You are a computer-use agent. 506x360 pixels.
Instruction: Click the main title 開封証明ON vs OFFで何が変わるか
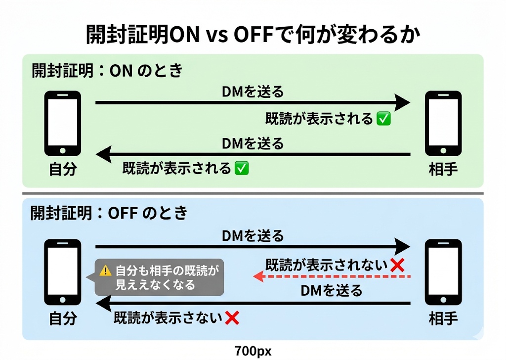pos(253,34)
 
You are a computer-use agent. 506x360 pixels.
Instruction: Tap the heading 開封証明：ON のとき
pos(107,70)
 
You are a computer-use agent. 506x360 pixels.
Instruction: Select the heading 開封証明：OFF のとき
pos(109,213)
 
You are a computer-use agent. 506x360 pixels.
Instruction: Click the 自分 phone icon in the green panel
pos(63,123)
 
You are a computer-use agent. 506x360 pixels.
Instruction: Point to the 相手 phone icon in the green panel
pos(443,123)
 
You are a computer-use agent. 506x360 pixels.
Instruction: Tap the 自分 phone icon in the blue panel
pos(63,272)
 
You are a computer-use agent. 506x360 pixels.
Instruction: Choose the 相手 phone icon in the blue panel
pos(443,272)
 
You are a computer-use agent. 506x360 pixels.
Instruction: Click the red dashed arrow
pos(332,277)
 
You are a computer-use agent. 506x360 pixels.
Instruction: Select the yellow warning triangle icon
pos(105,270)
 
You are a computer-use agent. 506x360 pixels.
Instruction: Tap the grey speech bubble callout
pos(157,277)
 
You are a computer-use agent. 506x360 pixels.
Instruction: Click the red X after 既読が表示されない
pos(397,266)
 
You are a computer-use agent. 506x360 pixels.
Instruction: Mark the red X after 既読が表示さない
pos(232,318)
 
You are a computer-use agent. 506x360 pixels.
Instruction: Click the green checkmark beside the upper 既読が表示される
pos(383,119)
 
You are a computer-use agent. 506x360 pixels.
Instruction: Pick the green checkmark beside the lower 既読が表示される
pos(242,168)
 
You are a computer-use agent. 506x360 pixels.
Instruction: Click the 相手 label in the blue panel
pos(443,318)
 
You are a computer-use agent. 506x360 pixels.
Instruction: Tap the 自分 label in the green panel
pos(63,169)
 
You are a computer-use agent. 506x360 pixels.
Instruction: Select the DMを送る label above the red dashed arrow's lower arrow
pos(332,291)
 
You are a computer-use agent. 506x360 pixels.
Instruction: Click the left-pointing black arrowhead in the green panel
pos(104,154)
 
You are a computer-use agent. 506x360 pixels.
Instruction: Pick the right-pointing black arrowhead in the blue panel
pos(402,247)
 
